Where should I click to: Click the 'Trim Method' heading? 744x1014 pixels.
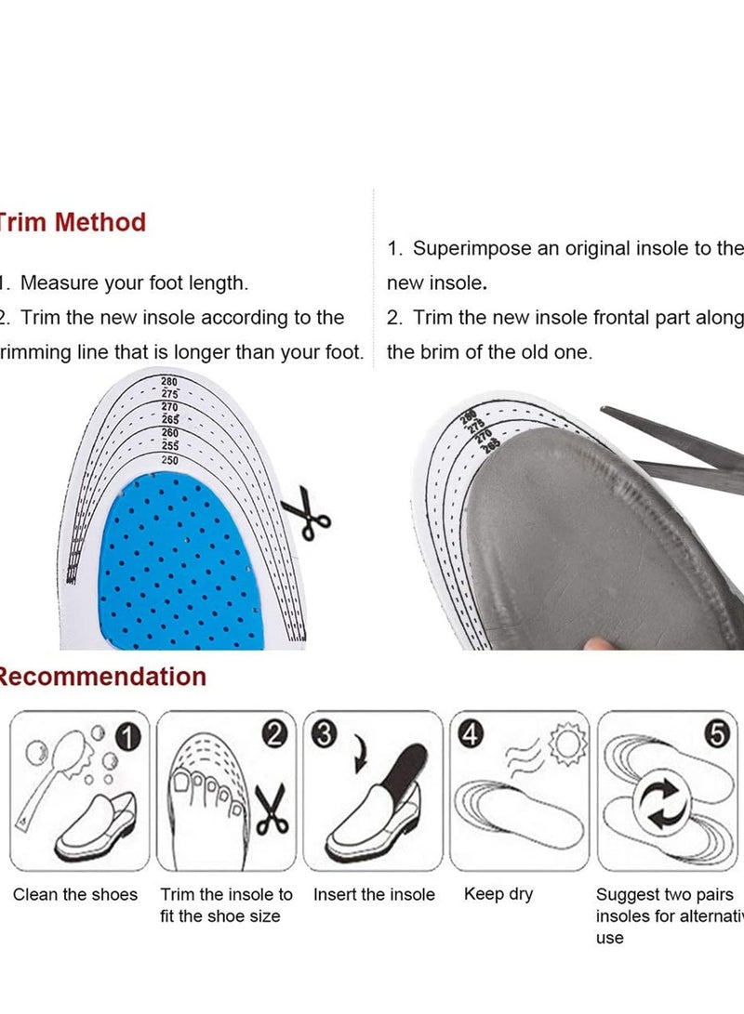pyautogui.click(x=73, y=222)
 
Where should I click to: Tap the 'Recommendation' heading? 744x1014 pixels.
pyautogui.click(x=102, y=676)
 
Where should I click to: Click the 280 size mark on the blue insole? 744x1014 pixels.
pyautogui.click(x=169, y=381)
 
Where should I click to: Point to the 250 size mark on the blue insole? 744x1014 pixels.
pyautogui.click(x=170, y=459)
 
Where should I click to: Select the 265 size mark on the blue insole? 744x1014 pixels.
pyautogui.click(x=170, y=419)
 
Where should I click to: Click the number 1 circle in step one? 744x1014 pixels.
pyautogui.click(x=130, y=736)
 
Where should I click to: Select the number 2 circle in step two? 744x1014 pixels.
pyautogui.click(x=273, y=734)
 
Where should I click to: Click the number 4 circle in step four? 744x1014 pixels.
pyautogui.click(x=472, y=734)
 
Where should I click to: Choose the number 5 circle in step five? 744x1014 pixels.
pyautogui.click(x=717, y=734)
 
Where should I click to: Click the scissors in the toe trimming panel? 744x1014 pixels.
pyautogui.click(x=271, y=809)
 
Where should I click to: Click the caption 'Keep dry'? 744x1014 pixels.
pyautogui.click(x=498, y=894)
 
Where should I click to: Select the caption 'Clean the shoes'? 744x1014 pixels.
pyautogui.click(x=74, y=895)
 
